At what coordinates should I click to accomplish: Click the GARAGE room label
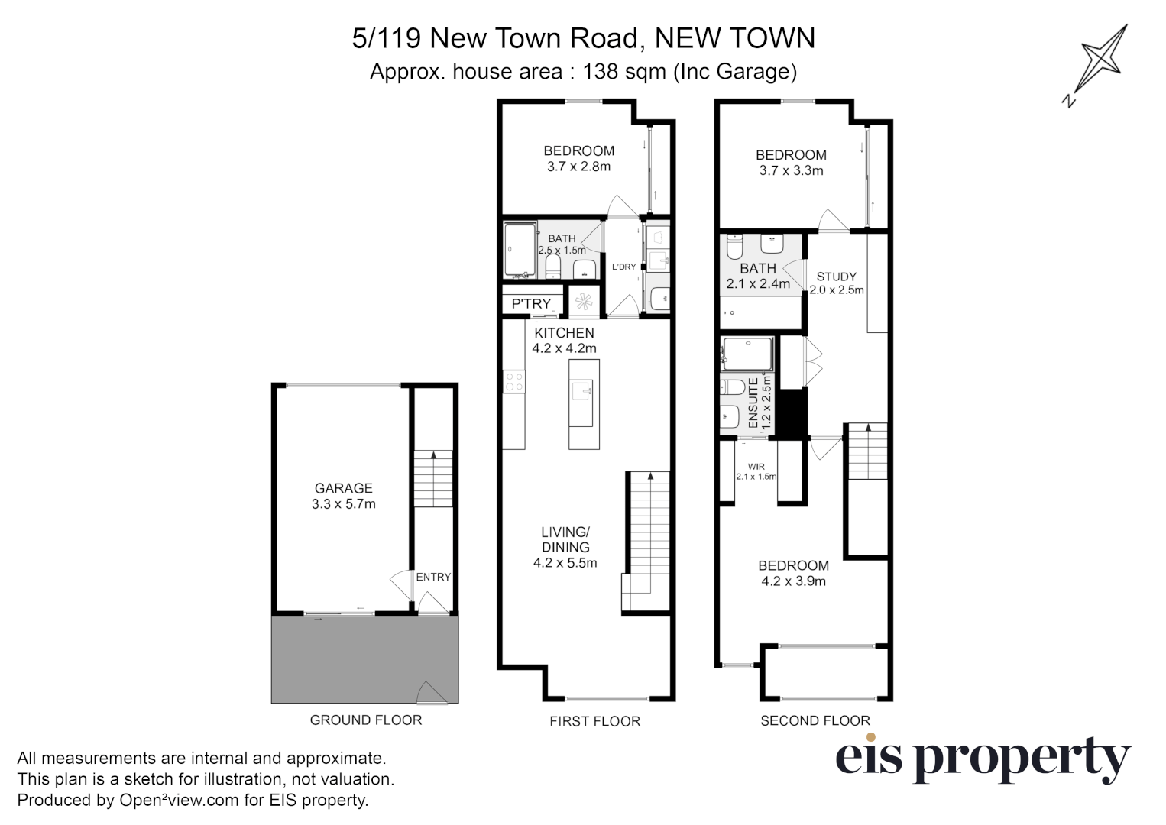coord(343,488)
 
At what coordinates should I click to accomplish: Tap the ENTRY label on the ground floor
coord(433,577)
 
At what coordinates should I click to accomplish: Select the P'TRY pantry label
coord(531,304)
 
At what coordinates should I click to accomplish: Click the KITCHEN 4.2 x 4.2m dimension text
coord(564,348)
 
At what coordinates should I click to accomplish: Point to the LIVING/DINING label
coord(565,539)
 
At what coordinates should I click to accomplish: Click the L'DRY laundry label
coord(624,267)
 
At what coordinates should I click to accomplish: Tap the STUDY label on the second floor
coord(837,277)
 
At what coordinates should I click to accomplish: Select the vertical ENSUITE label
coord(753,403)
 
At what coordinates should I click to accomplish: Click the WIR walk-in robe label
coord(756,467)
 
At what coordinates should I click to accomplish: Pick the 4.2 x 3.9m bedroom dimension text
coord(793,581)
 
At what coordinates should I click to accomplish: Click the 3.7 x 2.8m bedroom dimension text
coord(578,167)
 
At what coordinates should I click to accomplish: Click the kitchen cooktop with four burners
coord(514,381)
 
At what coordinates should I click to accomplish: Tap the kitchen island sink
coord(583,392)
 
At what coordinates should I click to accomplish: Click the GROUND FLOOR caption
coord(365,720)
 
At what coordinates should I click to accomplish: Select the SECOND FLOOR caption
coord(815,720)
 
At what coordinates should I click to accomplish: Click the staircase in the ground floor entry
coord(433,479)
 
